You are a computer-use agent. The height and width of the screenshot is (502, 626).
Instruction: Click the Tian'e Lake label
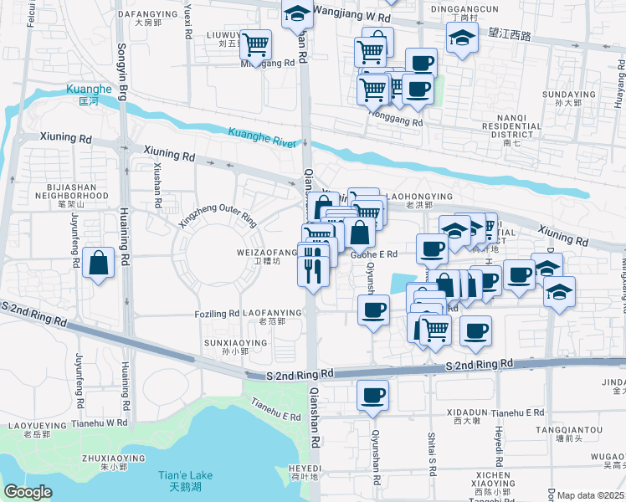pos(185,480)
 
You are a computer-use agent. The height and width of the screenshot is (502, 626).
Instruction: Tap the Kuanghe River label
pos(262,137)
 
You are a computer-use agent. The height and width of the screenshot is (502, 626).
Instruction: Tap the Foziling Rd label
pos(217,314)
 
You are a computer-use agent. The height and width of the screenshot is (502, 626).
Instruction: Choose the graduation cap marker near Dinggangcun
pos(461,38)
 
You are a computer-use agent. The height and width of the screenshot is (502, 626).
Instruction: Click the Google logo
pos(28,492)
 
